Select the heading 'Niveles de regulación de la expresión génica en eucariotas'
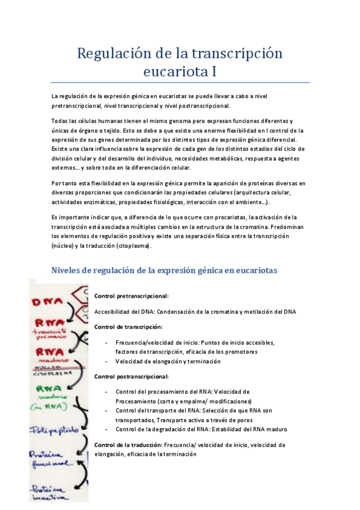(x=165, y=271)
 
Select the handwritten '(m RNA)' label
(x=50, y=407)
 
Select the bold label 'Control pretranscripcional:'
(x=131, y=296)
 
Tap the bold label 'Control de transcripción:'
(x=128, y=327)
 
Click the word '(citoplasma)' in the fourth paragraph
(x=134, y=246)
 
